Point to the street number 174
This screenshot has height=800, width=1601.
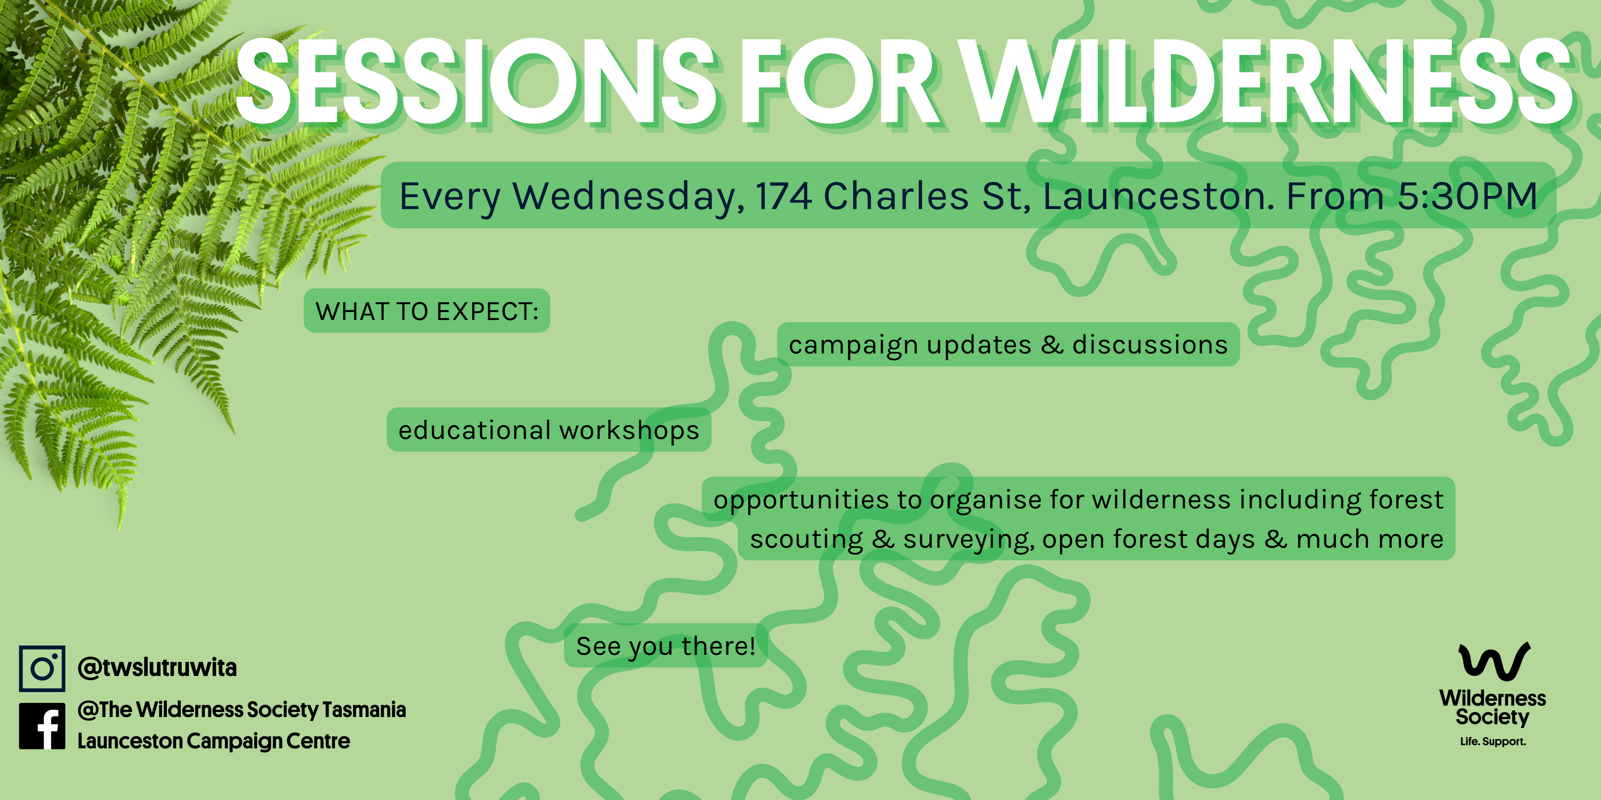[783, 196]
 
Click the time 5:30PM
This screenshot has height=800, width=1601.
[1467, 196]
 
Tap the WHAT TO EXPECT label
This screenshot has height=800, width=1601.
[427, 311]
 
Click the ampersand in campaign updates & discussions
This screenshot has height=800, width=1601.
[1052, 345]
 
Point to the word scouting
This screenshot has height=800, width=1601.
[806, 539]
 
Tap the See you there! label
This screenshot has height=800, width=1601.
[666, 646]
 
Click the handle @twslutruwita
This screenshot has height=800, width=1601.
[157, 668]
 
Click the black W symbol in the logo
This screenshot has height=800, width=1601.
[1493, 662]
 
